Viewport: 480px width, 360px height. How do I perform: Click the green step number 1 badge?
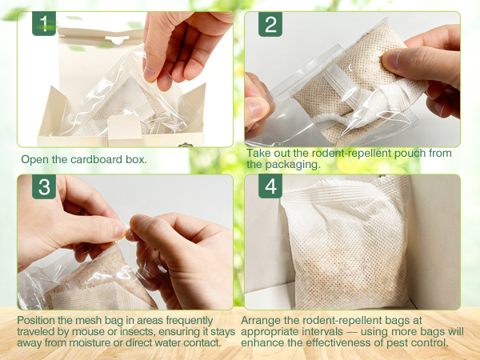point(44,23)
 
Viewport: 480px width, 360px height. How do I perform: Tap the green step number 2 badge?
point(270,24)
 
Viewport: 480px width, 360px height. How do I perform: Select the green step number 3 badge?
point(44,186)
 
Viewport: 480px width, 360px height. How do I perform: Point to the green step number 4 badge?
point(270,186)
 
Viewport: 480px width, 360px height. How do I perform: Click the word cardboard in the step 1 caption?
point(97,159)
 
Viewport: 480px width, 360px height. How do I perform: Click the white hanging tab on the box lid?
point(117,38)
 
